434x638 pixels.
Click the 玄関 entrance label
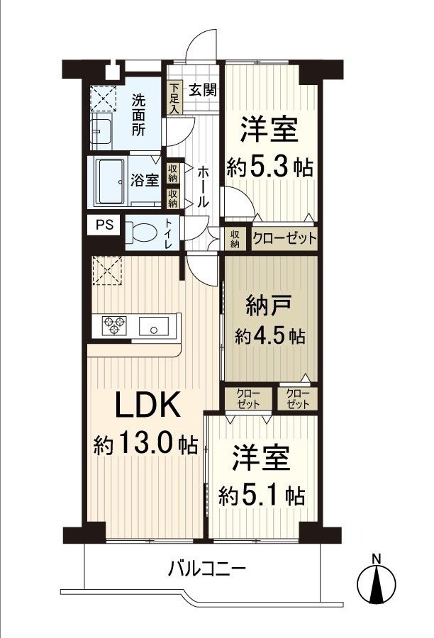pos(204,90)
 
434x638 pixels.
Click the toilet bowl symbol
pos(143,233)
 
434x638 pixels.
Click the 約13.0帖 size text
pos(146,444)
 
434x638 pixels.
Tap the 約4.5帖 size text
pos(271,335)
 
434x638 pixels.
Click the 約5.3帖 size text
pos(270,167)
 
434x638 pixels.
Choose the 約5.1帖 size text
pos(262,493)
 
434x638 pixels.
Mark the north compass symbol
pos(379,581)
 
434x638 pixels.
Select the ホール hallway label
pos(203,186)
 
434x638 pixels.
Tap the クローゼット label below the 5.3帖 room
pos(284,238)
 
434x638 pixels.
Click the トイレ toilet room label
pos(169,234)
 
